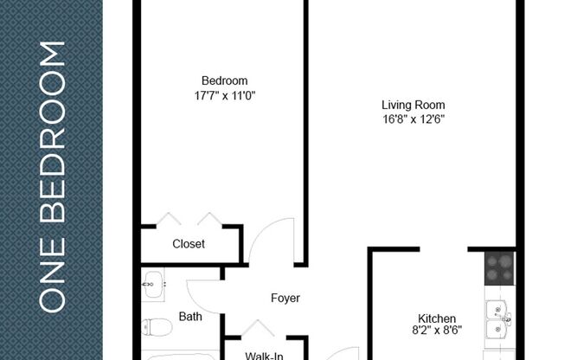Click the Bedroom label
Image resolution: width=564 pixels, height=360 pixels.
[218, 81]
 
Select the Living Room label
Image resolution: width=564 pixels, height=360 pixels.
[413, 106]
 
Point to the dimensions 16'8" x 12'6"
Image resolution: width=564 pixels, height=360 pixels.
[413, 119]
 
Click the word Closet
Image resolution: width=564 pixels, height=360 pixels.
[189, 244]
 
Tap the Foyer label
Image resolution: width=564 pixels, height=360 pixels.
[285, 299]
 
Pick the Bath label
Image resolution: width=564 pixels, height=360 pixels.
[190, 317]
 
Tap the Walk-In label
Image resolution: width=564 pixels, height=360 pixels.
[263, 354]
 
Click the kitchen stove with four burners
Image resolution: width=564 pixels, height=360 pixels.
[500, 268]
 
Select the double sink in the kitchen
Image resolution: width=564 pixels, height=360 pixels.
[498, 318]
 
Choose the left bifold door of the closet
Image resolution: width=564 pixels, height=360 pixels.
[168, 218]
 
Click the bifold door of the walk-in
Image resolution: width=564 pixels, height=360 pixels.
[257, 328]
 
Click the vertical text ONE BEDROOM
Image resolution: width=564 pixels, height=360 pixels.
[53, 177]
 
